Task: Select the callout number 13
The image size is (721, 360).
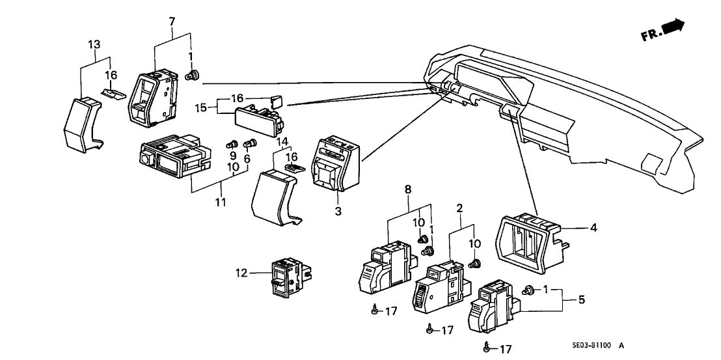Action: point(95,44)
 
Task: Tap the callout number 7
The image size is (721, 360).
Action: point(172,21)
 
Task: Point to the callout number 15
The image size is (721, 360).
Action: point(201,107)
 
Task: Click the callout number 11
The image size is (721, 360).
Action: point(221,202)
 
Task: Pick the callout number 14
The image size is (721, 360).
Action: point(281,142)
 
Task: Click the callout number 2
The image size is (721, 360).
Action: point(459,208)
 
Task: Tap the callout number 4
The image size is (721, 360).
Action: point(593,228)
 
